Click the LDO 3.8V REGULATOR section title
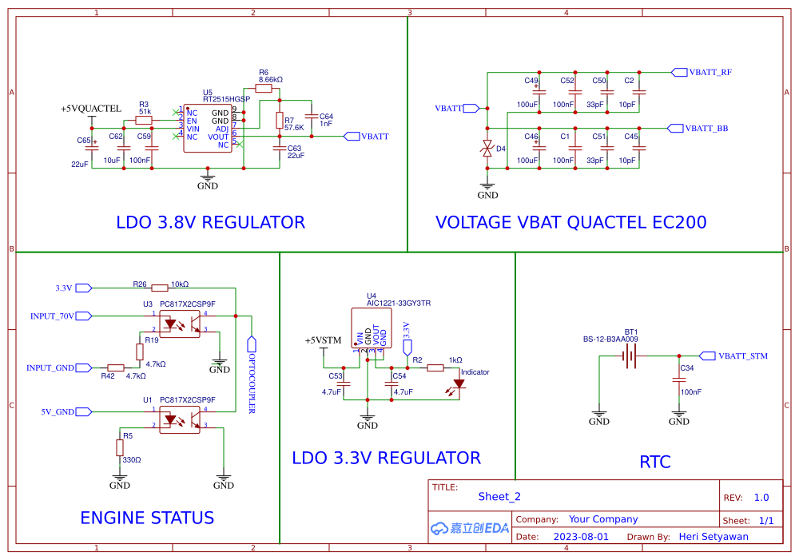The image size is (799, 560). [210, 222]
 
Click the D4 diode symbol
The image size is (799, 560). [487, 149]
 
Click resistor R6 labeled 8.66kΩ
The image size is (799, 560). [264, 89]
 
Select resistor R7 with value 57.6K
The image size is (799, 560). [278, 121]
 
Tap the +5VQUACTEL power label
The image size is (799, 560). [91, 109]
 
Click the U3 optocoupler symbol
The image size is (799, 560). [180, 324]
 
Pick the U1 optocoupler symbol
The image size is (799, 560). [180, 419]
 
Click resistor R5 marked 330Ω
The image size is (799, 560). [120, 447]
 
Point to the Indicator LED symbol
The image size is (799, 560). [458, 384]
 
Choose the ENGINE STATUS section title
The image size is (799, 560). [147, 518]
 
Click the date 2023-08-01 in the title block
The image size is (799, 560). [581, 537]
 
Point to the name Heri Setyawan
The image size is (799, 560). [713, 537]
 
